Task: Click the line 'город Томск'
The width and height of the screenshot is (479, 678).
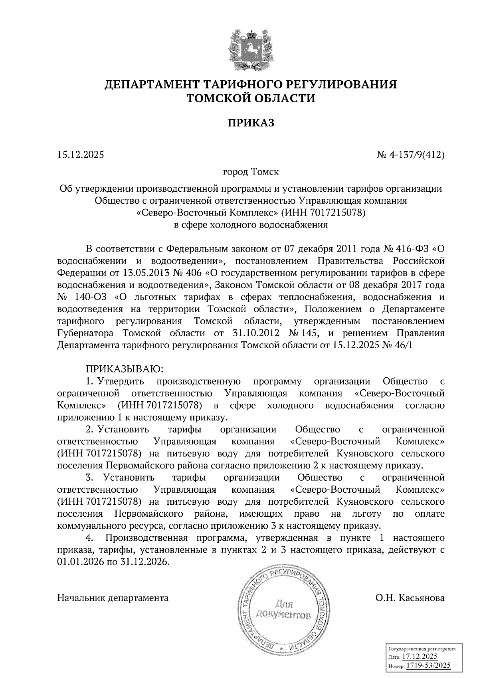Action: (x=251, y=172)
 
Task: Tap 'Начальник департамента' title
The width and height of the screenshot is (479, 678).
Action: (x=113, y=598)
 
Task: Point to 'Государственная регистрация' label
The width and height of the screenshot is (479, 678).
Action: (x=422, y=649)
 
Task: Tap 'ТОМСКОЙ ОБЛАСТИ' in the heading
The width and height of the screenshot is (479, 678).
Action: (x=251, y=98)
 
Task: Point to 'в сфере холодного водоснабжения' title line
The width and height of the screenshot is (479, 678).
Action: (x=251, y=225)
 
